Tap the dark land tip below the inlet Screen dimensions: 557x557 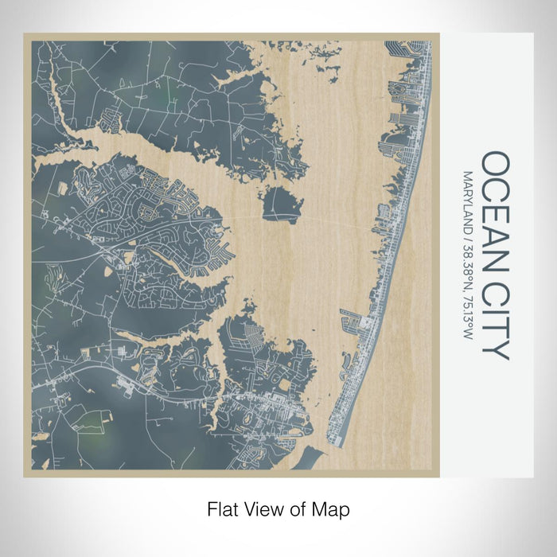306,461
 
